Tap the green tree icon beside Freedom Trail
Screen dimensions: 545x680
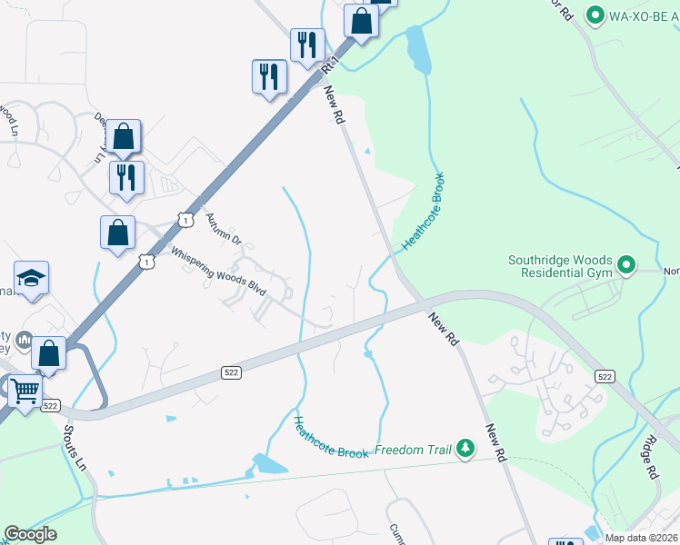(x=465, y=448)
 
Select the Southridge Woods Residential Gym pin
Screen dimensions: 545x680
(x=625, y=265)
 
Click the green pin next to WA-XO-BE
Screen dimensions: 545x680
(x=595, y=15)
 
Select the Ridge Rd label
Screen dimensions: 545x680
(x=649, y=460)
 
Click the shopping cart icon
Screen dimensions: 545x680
(x=25, y=391)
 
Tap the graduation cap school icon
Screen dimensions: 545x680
(x=31, y=278)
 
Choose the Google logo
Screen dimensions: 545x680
(x=30, y=534)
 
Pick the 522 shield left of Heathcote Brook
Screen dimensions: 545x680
(x=231, y=372)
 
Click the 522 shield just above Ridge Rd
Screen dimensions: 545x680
(x=603, y=375)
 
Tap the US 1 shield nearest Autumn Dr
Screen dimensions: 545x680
(x=185, y=220)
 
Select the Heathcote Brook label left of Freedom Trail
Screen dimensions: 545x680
(x=331, y=436)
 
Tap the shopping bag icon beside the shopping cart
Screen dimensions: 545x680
(x=49, y=352)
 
